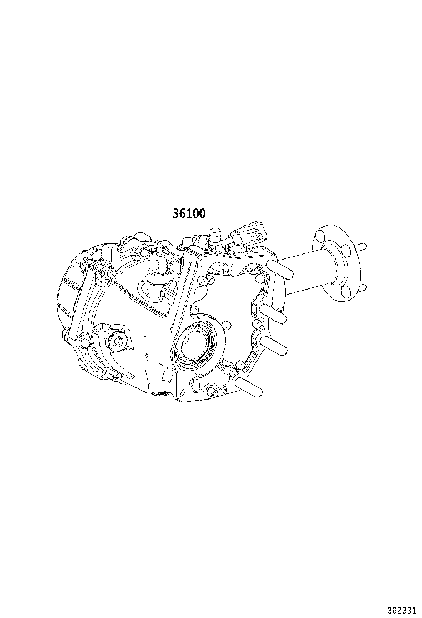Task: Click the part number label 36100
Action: coord(189,214)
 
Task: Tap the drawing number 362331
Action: coord(401,610)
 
